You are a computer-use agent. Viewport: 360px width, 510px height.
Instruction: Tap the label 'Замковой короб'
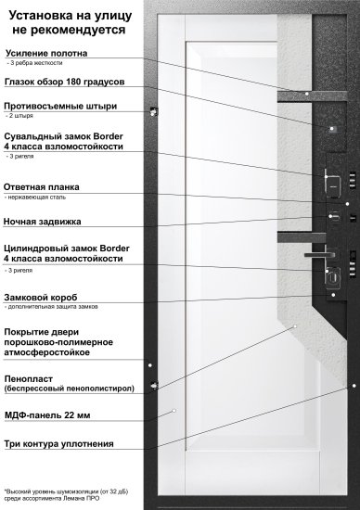pos(46,297)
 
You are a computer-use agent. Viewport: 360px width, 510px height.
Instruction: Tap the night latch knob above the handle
pos(331,218)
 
